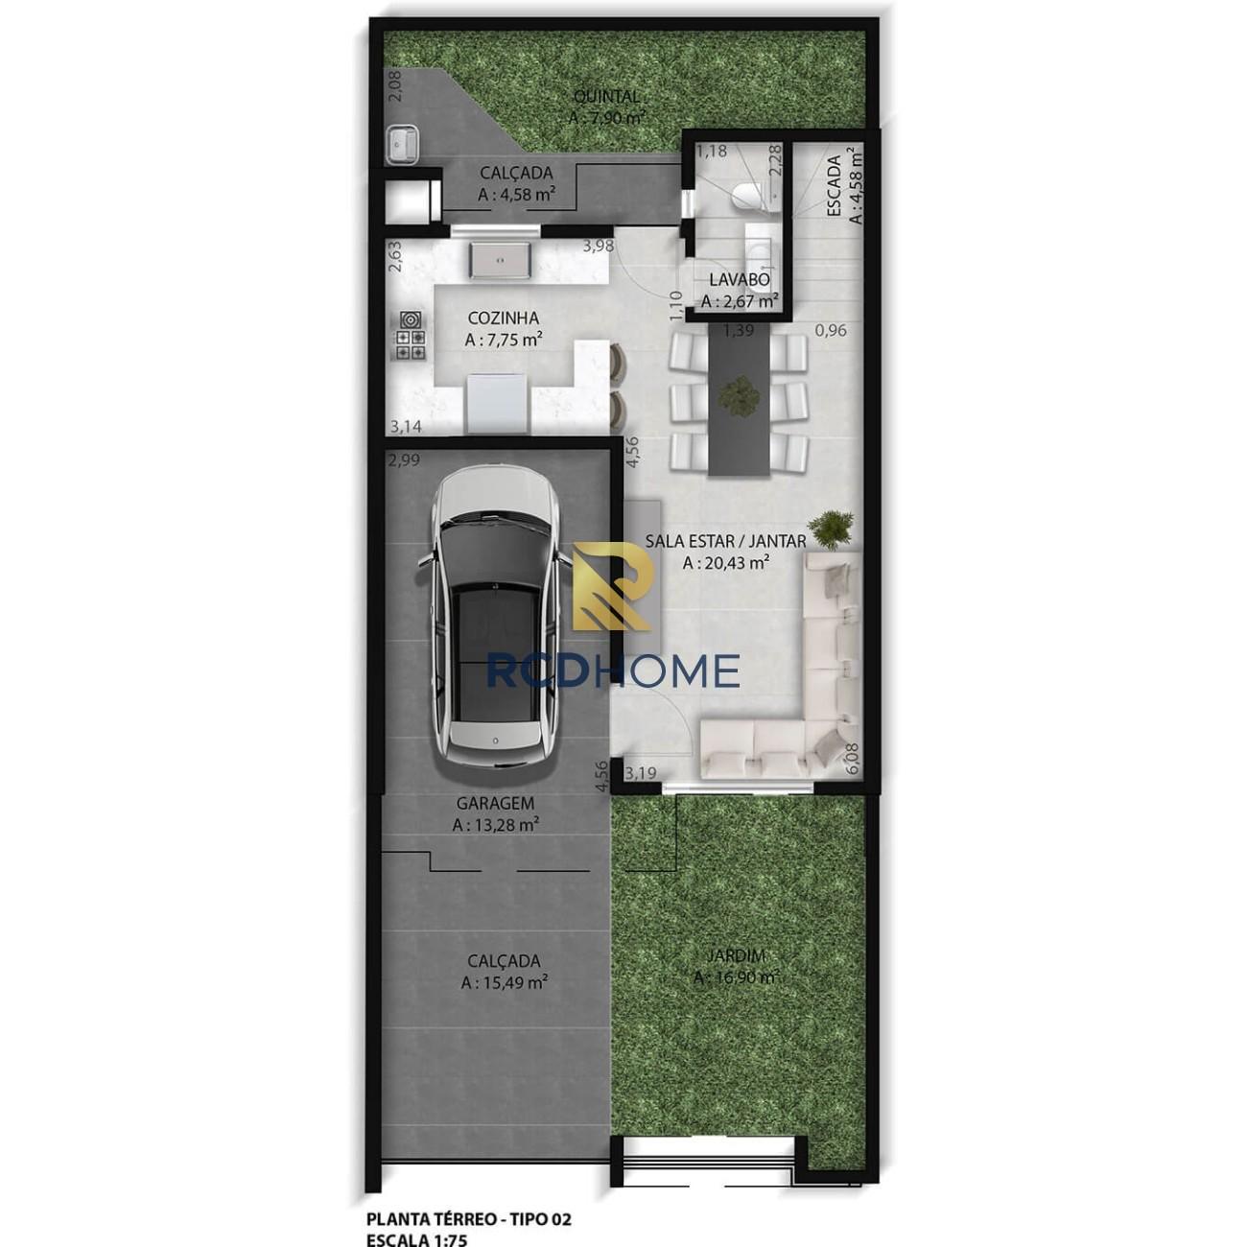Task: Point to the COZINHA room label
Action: (503, 318)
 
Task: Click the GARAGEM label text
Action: (495, 803)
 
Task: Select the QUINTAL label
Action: (607, 97)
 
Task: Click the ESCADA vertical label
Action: (834, 186)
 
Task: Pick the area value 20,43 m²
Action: (726, 563)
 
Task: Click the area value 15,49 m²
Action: (505, 982)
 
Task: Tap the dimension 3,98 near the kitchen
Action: (598, 246)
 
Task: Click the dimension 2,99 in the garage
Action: (404, 460)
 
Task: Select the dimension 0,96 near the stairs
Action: (831, 330)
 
